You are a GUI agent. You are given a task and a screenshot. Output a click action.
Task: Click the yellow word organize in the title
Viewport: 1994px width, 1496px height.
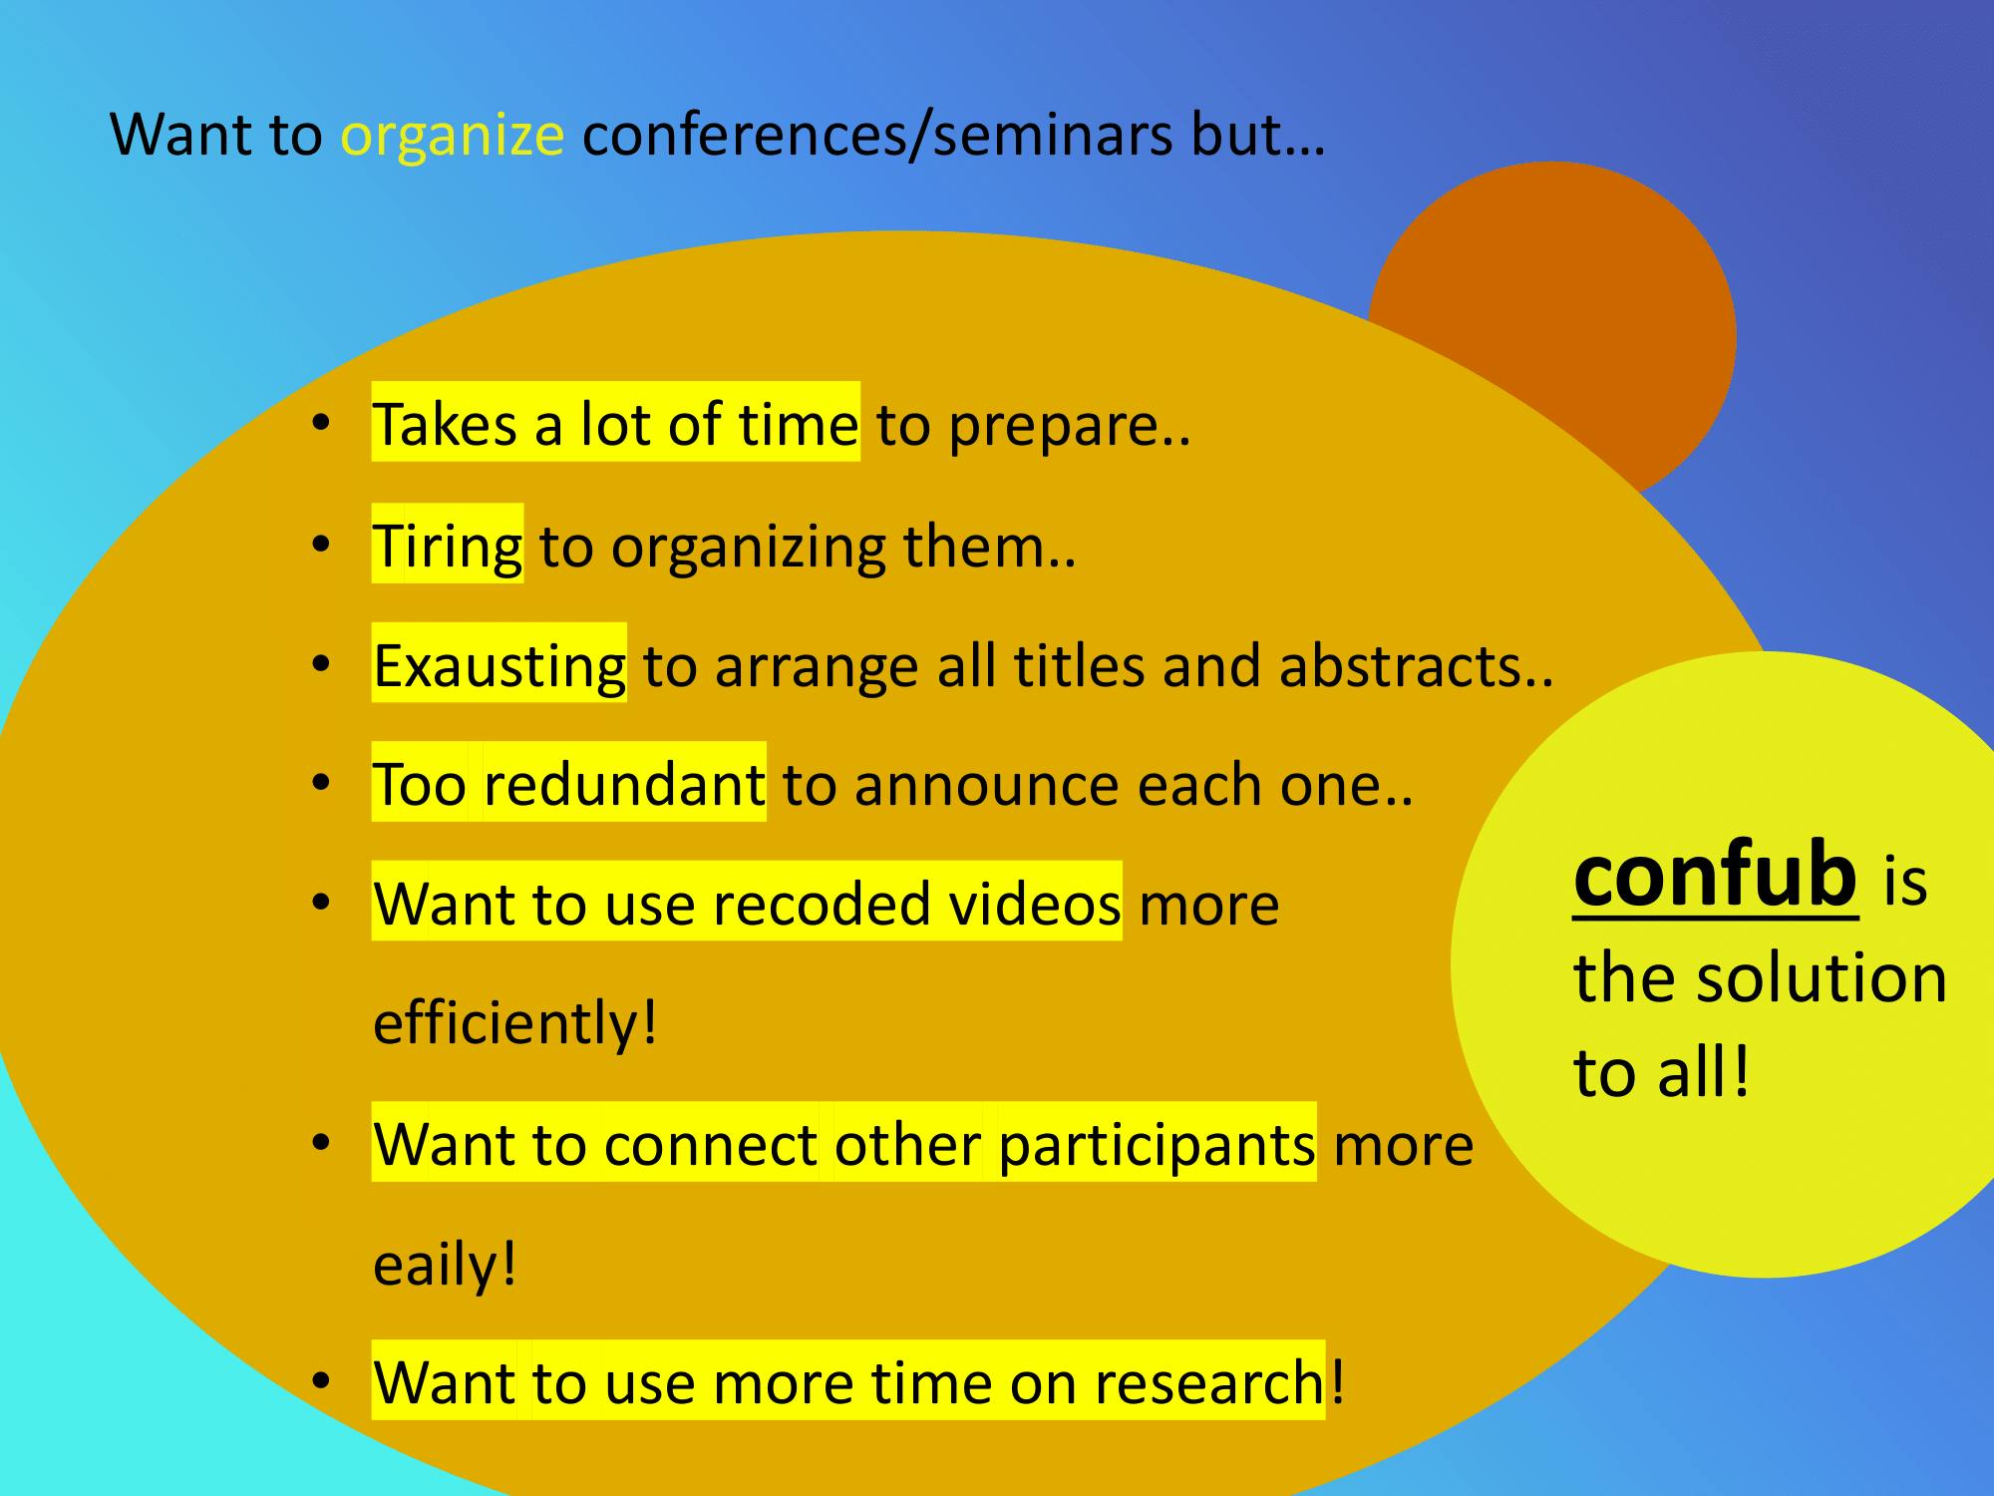point(453,136)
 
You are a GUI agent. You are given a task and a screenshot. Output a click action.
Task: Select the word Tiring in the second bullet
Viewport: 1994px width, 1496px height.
point(448,548)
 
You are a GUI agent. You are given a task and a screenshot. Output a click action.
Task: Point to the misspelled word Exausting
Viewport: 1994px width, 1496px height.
point(499,666)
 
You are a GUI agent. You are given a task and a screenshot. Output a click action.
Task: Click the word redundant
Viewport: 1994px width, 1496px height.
point(624,784)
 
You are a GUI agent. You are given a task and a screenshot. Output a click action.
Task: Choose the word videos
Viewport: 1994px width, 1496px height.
point(1035,904)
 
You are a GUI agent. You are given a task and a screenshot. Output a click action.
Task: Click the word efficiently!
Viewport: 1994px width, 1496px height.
point(515,1023)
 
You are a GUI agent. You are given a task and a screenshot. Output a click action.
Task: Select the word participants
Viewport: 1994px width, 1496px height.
point(1157,1145)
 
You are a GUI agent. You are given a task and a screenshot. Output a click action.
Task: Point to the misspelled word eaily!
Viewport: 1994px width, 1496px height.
point(445,1265)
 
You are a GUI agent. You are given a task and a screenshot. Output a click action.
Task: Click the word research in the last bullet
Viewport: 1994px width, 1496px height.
point(1209,1383)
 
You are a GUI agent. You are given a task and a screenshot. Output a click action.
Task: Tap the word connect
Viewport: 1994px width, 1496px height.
point(711,1145)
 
